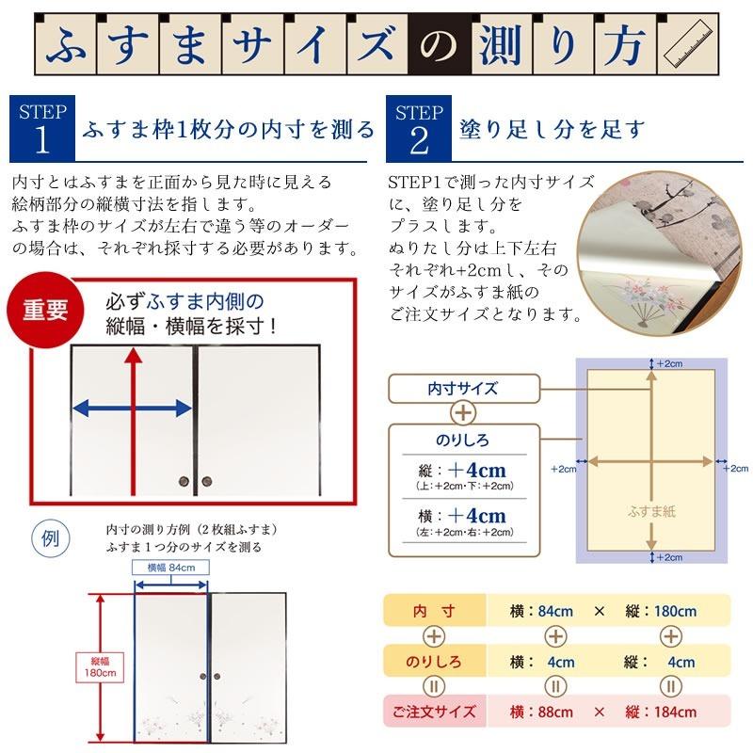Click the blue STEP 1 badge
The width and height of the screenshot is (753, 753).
pyautogui.click(x=42, y=128)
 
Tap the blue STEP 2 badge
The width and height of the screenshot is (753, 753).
pyautogui.click(x=419, y=128)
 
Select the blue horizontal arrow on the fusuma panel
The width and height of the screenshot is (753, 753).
pyautogui.click(x=133, y=408)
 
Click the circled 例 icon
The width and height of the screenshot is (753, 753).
pyautogui.click(x=48, y=539)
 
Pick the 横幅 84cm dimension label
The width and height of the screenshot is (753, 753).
pyautogui.click(x=170, y=568)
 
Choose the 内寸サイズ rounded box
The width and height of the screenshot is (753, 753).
pyautogui.click(x=463, y=388)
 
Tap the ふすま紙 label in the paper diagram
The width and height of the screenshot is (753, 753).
pyautogui.click(x=650, y=512)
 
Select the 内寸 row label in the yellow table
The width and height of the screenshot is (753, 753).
pyautogui.click(x=435, y=611)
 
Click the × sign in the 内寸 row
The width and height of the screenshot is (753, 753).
pyautogui.click(x=600, y=611)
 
